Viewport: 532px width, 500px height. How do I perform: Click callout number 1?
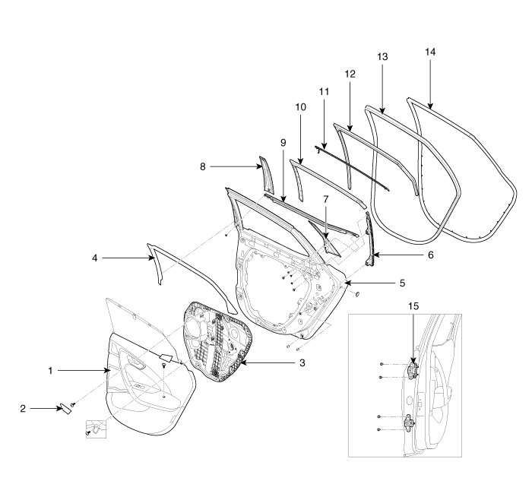49,371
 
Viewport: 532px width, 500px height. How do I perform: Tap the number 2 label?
23,409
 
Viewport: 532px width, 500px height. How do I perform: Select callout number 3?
302,363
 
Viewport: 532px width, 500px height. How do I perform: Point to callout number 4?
95,258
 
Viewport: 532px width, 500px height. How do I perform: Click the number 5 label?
403,283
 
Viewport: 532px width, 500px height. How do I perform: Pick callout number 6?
430,255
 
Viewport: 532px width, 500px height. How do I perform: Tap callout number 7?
325,199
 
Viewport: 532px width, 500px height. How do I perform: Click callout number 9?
283,142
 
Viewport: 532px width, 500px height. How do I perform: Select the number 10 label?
300,108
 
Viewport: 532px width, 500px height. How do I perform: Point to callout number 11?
324,91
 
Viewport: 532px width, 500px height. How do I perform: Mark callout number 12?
350,74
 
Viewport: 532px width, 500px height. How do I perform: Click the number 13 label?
382,57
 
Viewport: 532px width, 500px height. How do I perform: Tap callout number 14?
431,52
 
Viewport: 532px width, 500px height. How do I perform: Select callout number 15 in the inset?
413,306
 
